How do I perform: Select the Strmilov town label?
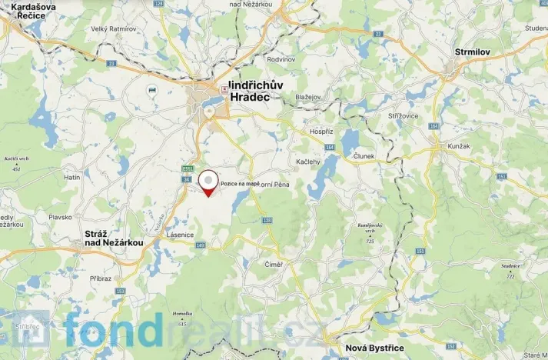(x=472, y=52)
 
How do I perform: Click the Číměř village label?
(x=274, y=265)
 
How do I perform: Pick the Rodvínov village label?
(x=281, y=58)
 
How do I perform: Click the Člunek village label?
(x=364, y=155)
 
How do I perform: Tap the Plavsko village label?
(x=60, y=217)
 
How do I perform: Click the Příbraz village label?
(x=101, y=278)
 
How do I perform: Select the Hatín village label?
(x=71, y=177)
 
